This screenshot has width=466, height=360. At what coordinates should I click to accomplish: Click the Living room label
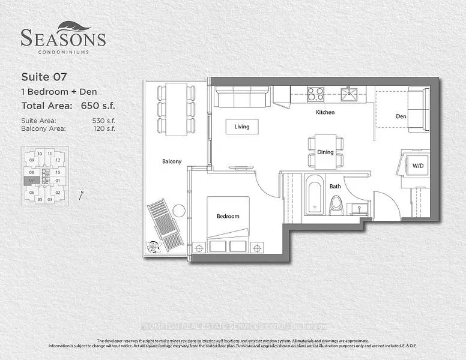[241, 127]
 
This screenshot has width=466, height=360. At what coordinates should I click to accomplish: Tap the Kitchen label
[325, 112]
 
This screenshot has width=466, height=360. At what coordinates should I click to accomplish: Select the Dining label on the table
[325, 152]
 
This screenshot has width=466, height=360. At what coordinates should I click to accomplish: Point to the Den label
[402, 116]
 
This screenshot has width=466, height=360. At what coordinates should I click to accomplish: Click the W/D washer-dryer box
[416, 165]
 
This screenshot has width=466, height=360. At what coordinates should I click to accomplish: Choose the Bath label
[335, 186]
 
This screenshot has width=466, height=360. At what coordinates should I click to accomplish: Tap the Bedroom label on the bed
[228, 216]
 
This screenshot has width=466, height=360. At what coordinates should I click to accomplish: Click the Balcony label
[171, 161]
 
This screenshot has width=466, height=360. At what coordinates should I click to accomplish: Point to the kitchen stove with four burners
[315, 94]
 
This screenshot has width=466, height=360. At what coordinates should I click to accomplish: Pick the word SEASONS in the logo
[63, 39]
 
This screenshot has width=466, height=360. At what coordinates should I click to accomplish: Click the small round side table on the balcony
[178, 210]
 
